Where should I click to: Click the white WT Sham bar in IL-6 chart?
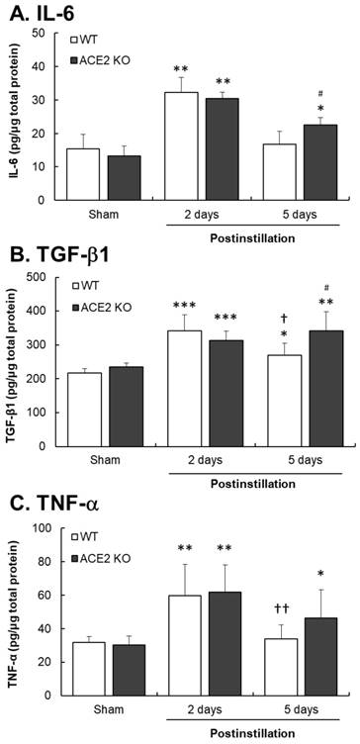click(x=83, y=174)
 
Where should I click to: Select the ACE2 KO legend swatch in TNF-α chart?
click(x=73, y=559)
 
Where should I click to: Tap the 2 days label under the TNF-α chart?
click(x=203, y=709)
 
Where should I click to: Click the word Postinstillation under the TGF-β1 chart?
click(x=252, y=484)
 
